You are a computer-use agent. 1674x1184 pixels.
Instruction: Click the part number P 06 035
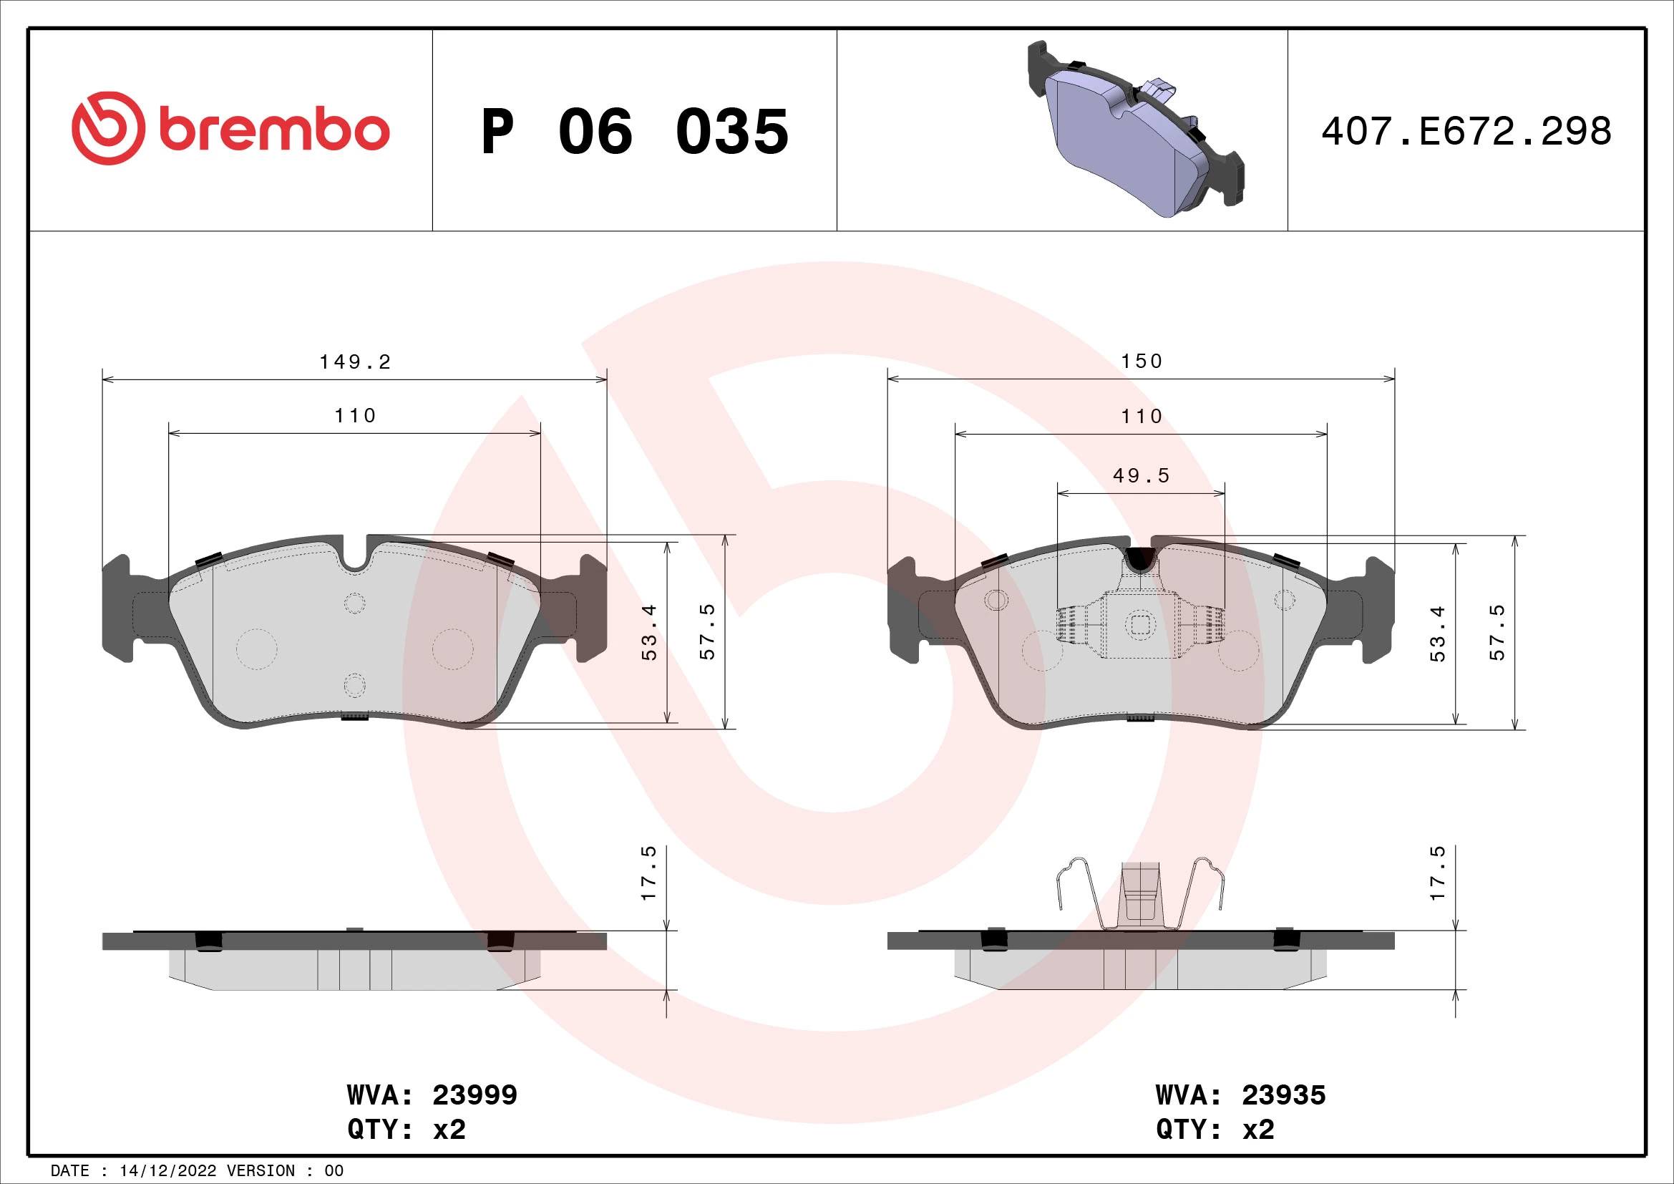[x=634, y=132]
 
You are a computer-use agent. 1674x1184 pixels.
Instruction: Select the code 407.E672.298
[x=1466, y=132]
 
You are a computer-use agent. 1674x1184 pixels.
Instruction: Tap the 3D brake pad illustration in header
[x=1135, y=130]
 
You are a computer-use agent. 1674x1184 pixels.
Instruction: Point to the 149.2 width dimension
[x=355, y=361]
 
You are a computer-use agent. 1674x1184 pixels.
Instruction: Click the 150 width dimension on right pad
[x=1142, y=361]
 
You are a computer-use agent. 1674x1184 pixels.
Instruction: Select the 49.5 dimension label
[x=1141, y=476]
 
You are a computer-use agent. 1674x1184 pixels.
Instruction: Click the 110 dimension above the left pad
[x=355, y=416]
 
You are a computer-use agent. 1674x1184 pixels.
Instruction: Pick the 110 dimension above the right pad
[x=1142, y=417]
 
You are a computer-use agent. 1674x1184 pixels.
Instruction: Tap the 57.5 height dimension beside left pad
[x=707, y=632]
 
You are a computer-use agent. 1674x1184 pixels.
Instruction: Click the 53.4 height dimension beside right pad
[x=1438, y=634]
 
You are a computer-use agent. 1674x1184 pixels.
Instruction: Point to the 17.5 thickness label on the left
[x=648, y=873]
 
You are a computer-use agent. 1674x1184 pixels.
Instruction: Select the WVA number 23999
[x=475, y=1095]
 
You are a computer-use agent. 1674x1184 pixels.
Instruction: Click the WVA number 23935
[x=1284, y=1095]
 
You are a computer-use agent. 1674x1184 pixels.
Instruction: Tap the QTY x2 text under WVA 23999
[x=406, y=1130]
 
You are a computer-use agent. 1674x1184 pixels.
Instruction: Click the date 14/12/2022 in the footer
[x=167, y=1171]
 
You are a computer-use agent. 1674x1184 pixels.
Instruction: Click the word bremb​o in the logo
[x=273, y=131]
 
